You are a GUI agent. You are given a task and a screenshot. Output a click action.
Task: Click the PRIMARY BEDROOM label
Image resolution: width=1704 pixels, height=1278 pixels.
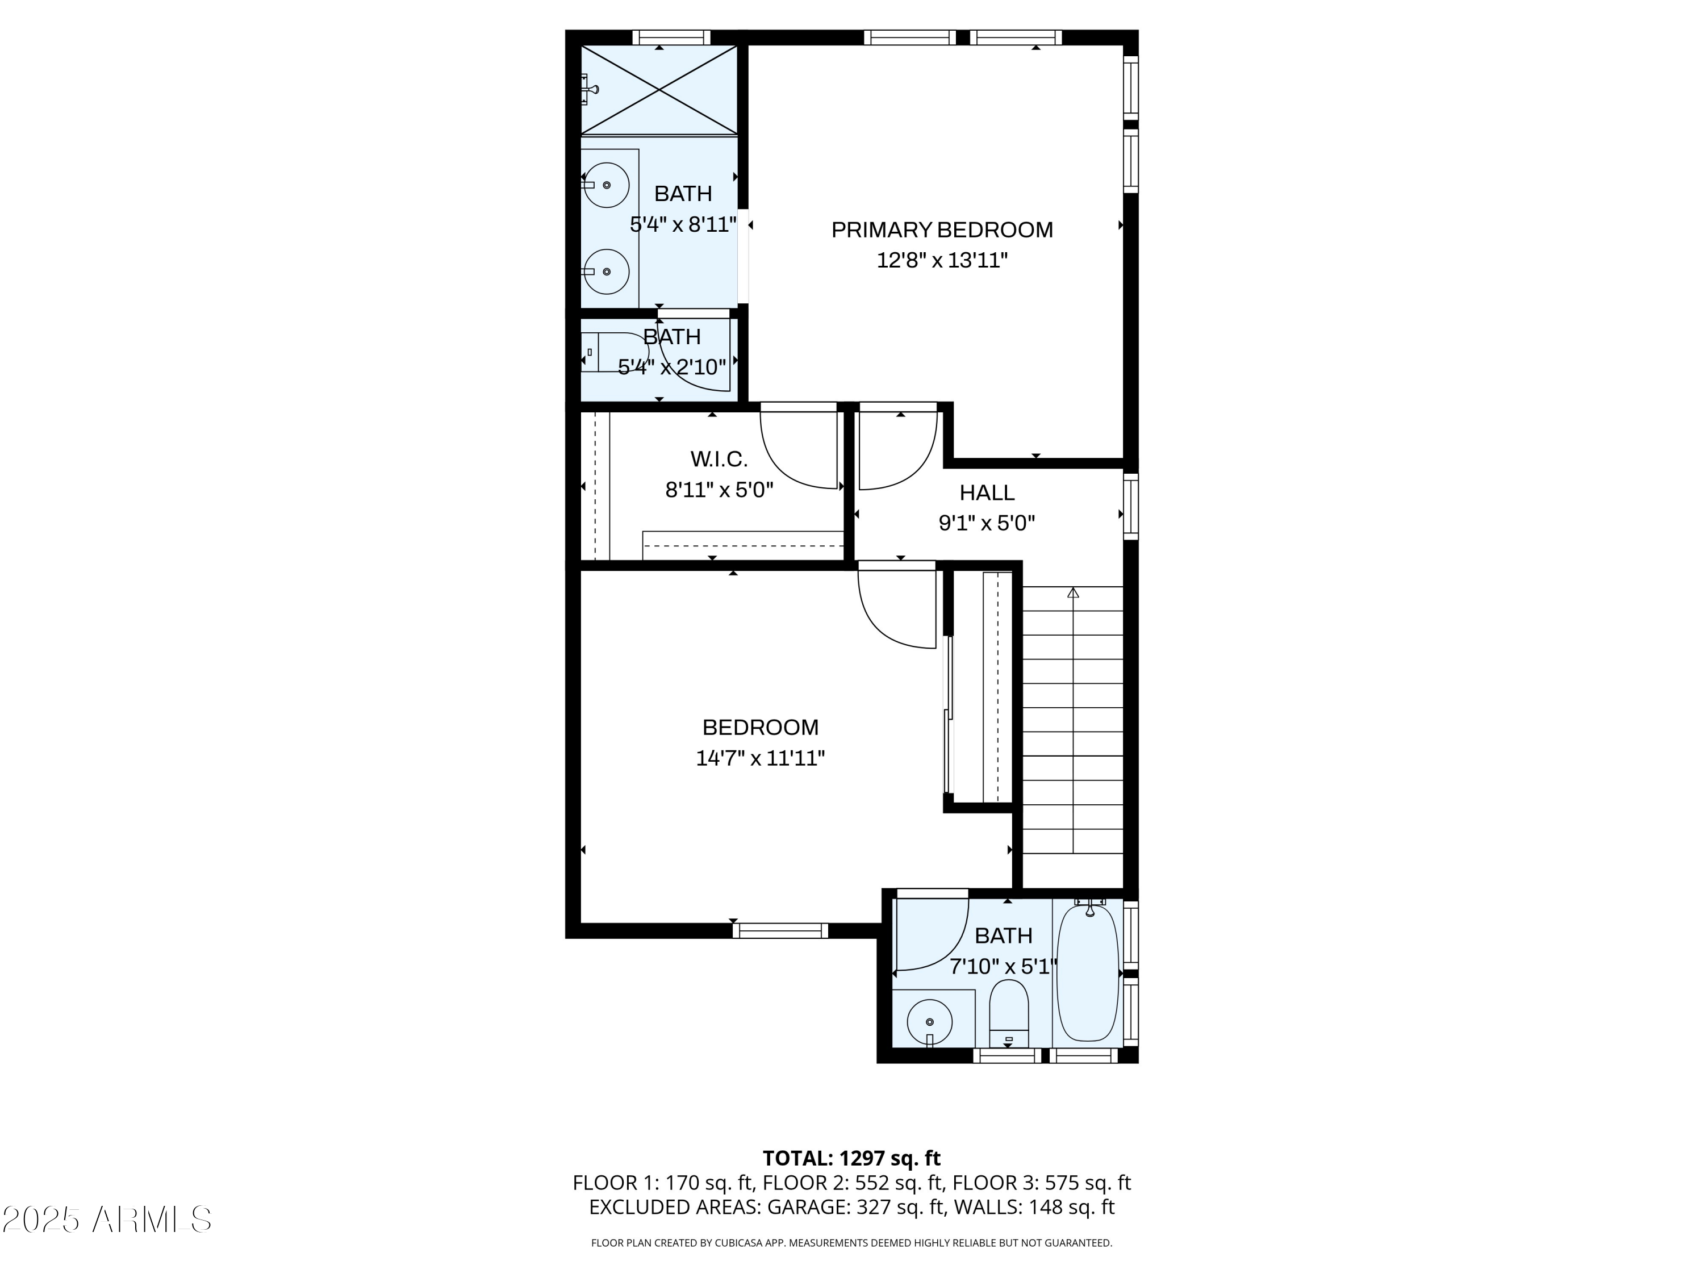tap(941, 229)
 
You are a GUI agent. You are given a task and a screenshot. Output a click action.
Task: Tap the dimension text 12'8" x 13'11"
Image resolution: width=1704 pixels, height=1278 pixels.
tap(941, 260)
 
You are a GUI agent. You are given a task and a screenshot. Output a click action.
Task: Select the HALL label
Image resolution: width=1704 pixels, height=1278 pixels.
tap(986, 492)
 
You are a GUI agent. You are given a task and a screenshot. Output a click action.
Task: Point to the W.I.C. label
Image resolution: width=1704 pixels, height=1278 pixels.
tap(718, 459)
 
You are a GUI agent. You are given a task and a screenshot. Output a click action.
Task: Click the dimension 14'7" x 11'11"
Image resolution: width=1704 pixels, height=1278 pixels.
tap(759, 758)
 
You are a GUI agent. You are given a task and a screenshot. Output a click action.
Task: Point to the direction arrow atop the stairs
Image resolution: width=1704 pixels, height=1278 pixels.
tap(1072, 592)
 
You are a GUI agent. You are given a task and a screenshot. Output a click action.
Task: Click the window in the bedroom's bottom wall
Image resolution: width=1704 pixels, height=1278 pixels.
tap(780, 930)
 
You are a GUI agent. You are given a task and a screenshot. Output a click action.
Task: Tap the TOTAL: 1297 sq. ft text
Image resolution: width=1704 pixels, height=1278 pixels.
tap(851, 1159)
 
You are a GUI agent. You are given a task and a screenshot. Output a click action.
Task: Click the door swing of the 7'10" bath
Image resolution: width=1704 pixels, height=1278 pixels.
tap(928, 936)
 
